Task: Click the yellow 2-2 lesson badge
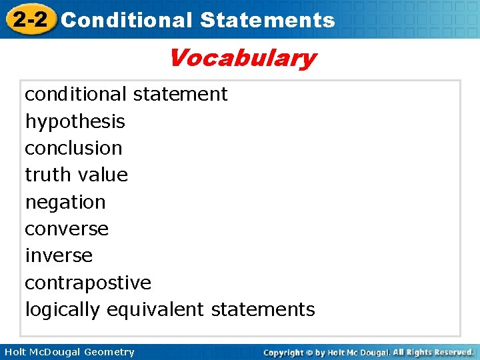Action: pos(29,19)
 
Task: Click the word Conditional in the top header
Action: pos(126,20)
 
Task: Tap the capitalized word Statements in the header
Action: pos(267,20)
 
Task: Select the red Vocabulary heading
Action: pos(241,58)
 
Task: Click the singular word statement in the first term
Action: pos(180,94)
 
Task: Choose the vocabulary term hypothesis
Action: pos(75,121)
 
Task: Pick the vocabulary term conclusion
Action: pos(73,148)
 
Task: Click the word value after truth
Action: pos(103,175)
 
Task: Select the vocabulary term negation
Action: pos(65,202)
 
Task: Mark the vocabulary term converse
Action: pos(67,229)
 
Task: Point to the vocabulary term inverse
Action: pos(59,255)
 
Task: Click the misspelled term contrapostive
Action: pos(88,283)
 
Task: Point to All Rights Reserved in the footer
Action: pos(433,352)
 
